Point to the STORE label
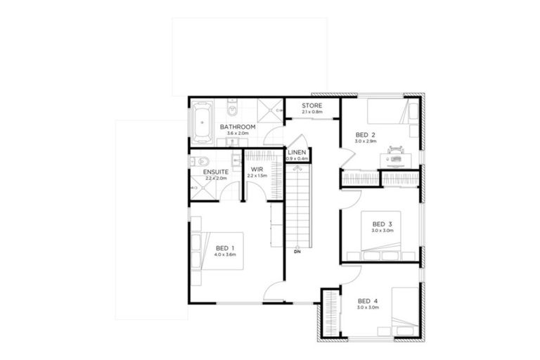pyautogui.click(x=312, y=105)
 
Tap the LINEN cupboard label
pyautogui.click(x=297, y=153)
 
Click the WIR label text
pyautogui.click(x=257, y=169)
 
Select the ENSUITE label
pyautogui.click(x=215, y=172)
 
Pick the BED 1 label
pyautogui.click(x=224, y=248)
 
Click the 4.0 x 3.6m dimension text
pyautogui.click(x=224, y=255)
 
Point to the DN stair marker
pyautogui.click(x=297, y=251)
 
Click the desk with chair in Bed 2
pyautogui.click(x=395, y=156)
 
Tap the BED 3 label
pyautogui.click(x=382, y=224)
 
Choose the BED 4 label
pyautogui.click(x=367, y=301)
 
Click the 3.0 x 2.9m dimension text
pyautogui.click(x=366, y=141)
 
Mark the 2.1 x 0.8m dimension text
pyautogui.click(x=312, y=112)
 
